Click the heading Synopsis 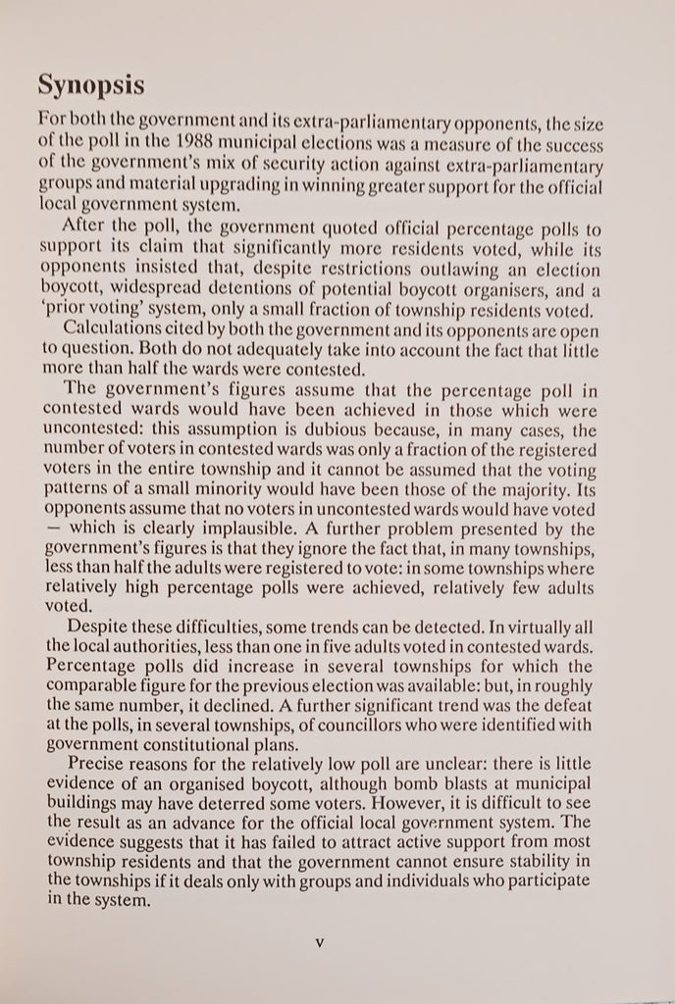91,86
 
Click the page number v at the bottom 320,944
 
